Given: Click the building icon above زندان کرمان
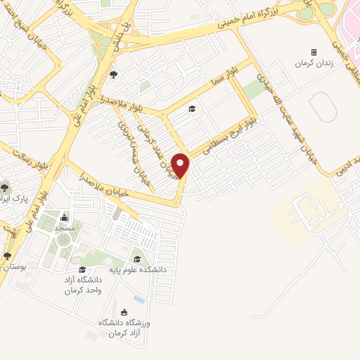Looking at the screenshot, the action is [x=314, y=52].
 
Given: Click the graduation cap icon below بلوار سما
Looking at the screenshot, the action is [x=191, y=108].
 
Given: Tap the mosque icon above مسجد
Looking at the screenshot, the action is [x=65, y=217].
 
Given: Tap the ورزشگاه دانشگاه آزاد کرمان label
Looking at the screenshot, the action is [x=124, y=327].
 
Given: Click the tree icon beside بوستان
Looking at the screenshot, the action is [x=7, y=257].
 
